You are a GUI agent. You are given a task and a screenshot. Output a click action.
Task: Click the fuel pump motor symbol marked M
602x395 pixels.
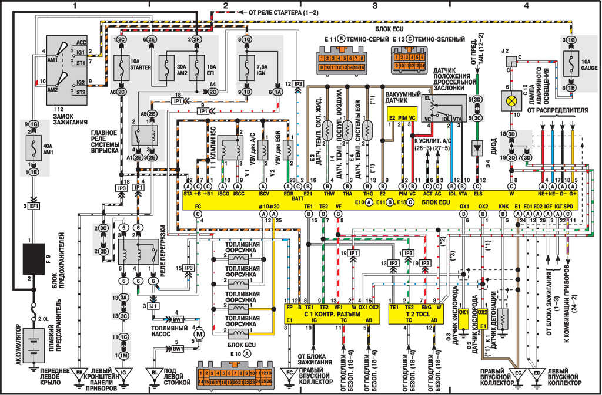coord(199,333)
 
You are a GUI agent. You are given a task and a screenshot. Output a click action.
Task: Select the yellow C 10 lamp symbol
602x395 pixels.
coord(508,102)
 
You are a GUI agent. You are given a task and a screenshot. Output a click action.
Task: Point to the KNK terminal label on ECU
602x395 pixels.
coord(503,207)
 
